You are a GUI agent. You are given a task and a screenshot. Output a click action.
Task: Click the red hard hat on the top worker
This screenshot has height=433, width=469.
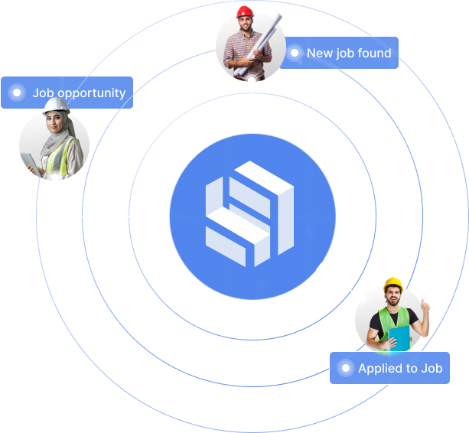coord(245,11)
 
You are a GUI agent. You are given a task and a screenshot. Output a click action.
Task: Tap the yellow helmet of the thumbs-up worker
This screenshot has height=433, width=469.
coord(393,284)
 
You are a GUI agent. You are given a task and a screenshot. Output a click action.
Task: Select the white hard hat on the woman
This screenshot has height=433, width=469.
coord(56,106)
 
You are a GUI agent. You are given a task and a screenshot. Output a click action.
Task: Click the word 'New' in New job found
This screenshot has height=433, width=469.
coord(320,54)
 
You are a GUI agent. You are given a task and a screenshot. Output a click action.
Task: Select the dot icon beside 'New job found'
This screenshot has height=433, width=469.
coord(295,54)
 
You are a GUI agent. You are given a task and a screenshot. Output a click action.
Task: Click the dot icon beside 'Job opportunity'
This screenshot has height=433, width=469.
coord(16,93)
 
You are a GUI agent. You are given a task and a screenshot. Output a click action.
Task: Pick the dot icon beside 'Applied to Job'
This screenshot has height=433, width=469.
coord(346,369)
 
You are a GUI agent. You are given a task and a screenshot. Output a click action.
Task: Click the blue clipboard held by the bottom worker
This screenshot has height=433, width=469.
coord(399,337)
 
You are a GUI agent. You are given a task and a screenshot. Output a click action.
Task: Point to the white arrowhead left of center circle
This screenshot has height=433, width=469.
coord(164,216)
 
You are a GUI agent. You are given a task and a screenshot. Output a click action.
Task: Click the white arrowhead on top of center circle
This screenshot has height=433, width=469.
coord(252,129)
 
